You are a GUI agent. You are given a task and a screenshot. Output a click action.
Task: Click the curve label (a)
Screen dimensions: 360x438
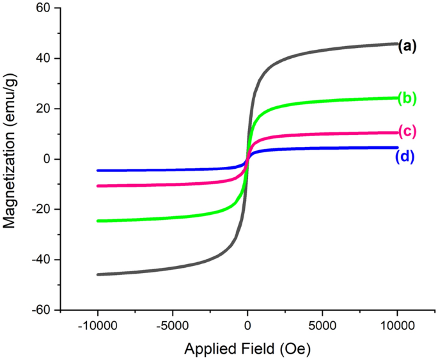(x=407, y=45)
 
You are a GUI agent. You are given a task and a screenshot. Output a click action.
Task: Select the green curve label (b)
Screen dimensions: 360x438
(x=407, y=98)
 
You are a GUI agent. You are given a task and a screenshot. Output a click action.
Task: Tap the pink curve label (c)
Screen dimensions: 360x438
(x=407, y=132)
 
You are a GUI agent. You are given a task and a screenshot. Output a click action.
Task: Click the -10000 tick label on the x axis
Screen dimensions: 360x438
(x=97, y=325)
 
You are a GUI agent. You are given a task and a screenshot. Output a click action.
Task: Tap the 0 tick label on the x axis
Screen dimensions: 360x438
(x=247, y=325)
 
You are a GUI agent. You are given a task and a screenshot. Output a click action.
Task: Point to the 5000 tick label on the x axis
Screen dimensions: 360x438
(x=322, y=325)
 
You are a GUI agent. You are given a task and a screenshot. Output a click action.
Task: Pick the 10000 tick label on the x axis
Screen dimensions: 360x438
(x=397, y=325)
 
